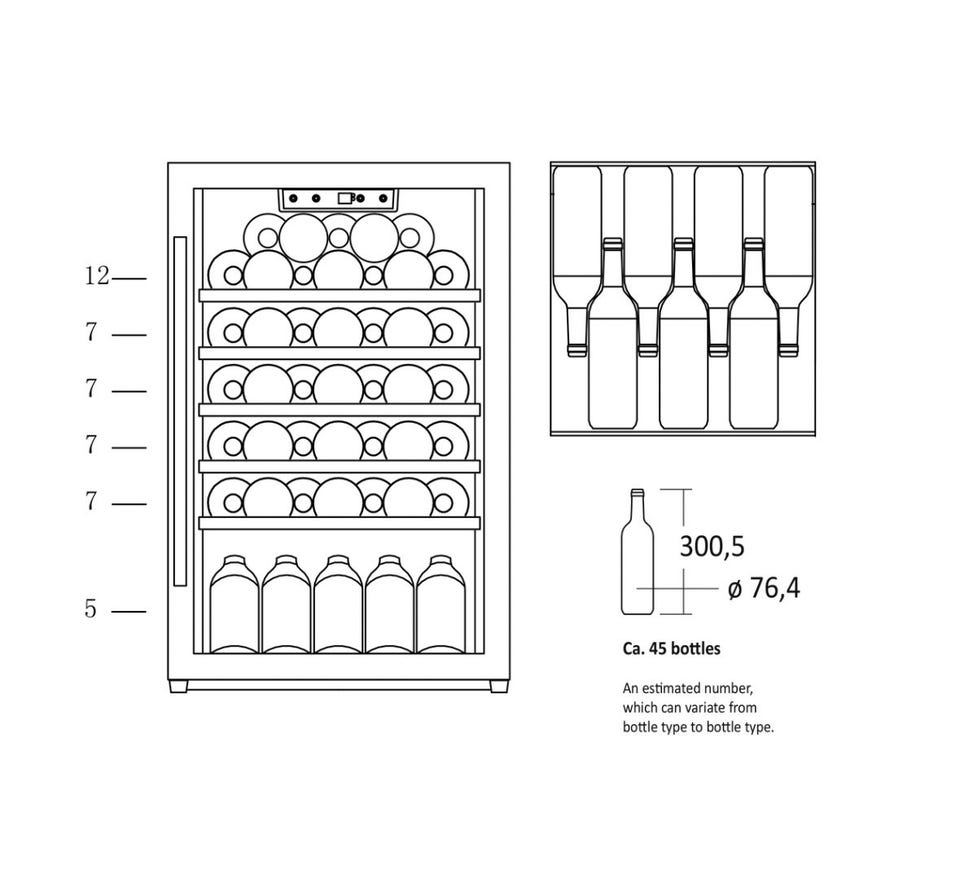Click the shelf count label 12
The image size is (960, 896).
(97, 276)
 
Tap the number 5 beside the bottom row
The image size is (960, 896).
(91, 609)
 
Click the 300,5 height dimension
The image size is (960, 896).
(712, 546)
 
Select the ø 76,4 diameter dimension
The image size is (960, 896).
(763, 588)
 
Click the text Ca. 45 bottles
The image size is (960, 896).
(671, 649)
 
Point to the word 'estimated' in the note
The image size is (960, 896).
(672, 688)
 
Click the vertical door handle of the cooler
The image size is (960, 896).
(180, 411)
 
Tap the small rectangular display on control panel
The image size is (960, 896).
(345, 198)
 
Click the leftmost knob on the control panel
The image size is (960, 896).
(294, 198)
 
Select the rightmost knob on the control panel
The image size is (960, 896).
(383, 198)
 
